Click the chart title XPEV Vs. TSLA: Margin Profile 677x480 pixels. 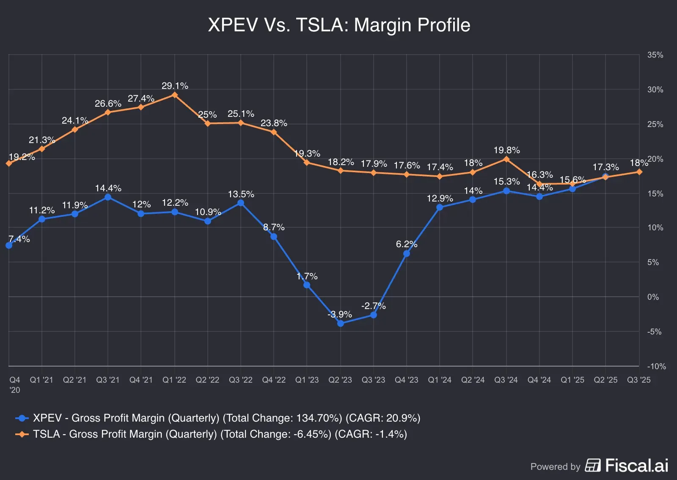(x=339, y=25)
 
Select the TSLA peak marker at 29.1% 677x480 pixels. (x=175, y=95)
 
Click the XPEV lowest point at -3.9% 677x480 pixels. (x=341, y=323)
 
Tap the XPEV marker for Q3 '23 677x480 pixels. (x=374, y=315)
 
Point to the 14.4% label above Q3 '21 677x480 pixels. (x=108, y=188)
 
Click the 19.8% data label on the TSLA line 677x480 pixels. (x=506, y=150)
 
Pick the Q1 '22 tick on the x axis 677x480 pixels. (x=174, y=380)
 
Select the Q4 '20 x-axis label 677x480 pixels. (x=15, y=384)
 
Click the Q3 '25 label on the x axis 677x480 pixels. (x=638, y=380)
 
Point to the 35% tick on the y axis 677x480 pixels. (x=655, y=55)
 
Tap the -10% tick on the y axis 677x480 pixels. (x=656, y=366)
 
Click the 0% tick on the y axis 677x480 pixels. (x=653, y=297)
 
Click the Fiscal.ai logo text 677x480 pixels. (x=636, y=466)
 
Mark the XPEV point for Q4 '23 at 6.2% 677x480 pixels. (x=407, y=254)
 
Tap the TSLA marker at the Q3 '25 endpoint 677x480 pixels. (x=639, y=172)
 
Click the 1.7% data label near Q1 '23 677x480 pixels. (x=307, y=276)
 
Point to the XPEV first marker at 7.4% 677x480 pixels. (x=9, y=246)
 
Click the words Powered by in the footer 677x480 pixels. (x=555, y=466)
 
